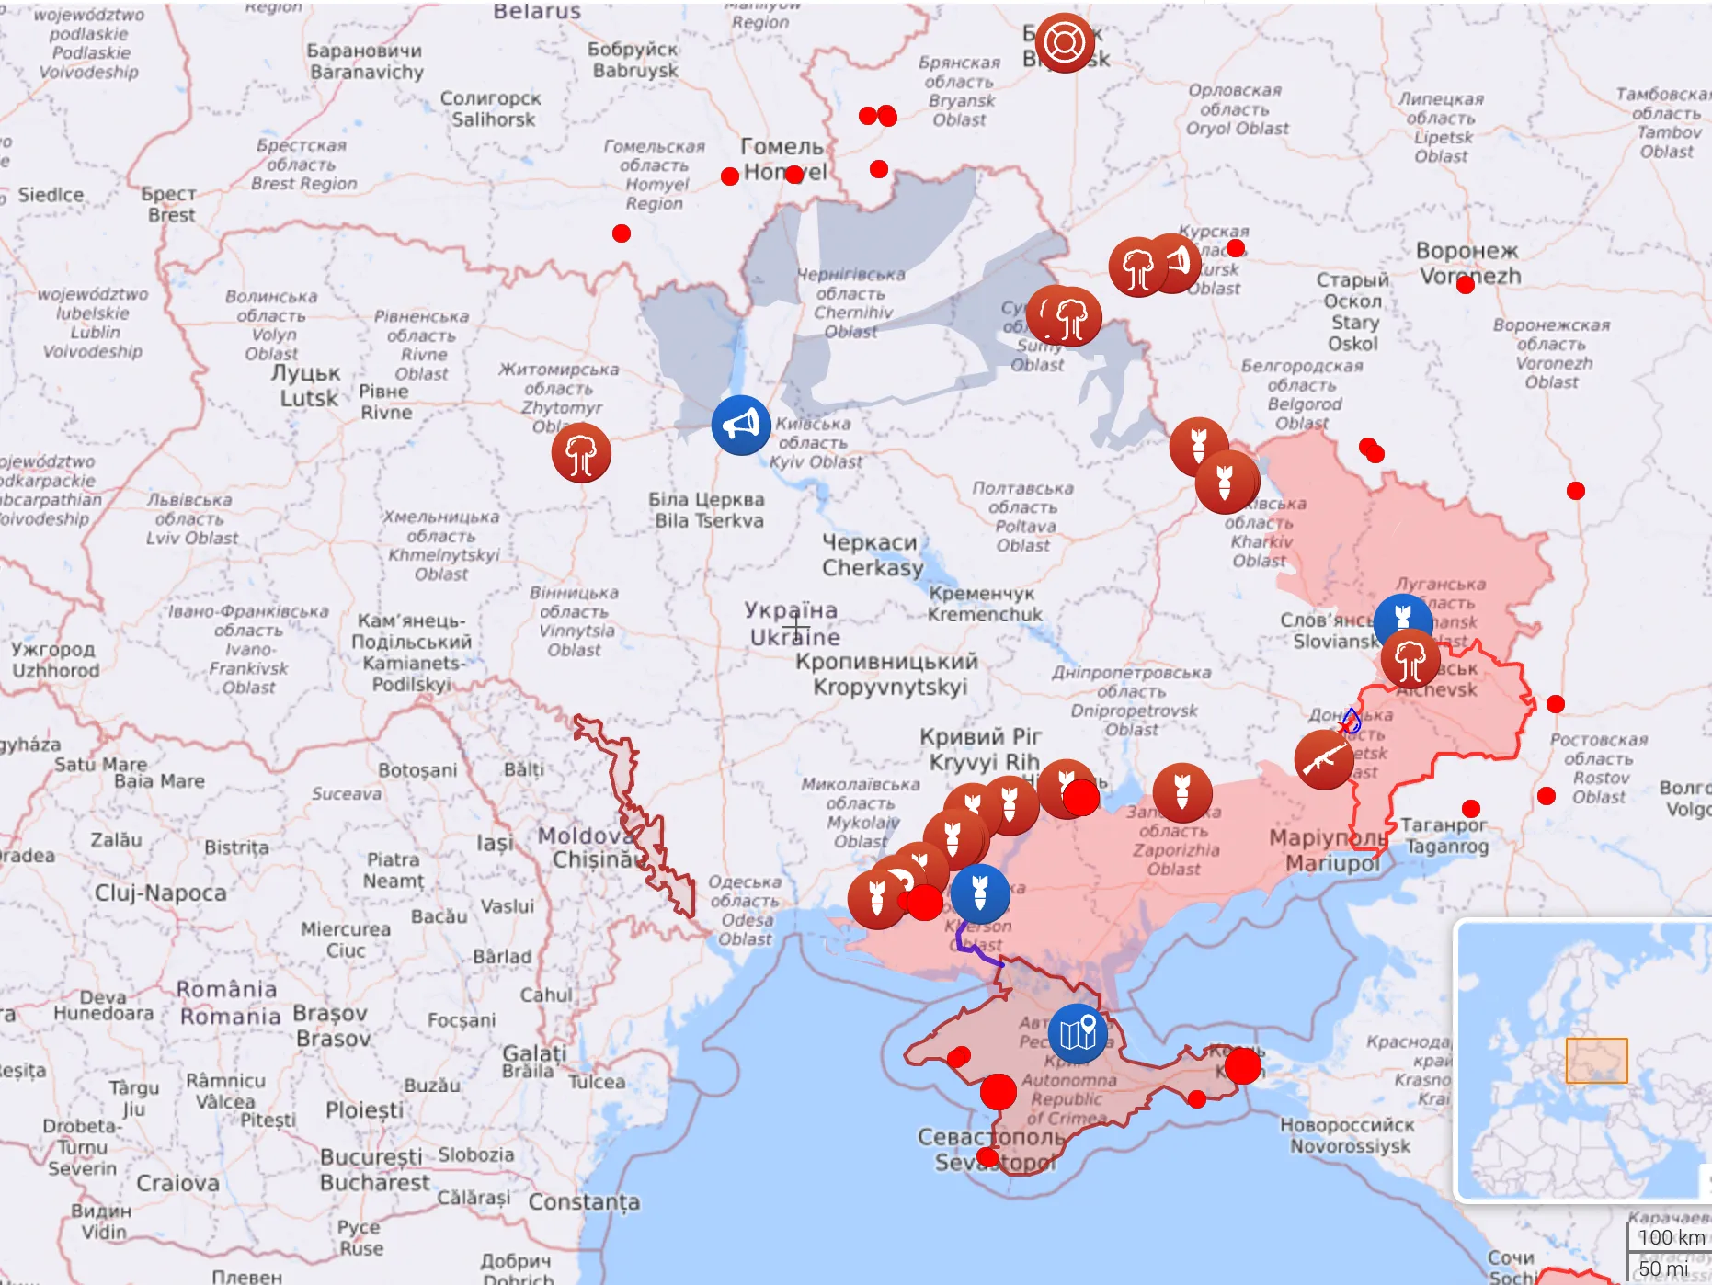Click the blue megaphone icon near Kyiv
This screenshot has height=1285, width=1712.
[741, 425]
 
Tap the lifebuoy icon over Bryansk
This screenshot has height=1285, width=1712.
[1065, 42]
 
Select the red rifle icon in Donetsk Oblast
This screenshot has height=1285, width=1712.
[1323, 759]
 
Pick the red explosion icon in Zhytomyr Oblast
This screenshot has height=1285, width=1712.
[581, 452]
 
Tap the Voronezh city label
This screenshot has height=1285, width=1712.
[1468, 263]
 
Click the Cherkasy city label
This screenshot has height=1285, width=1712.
[871, 555]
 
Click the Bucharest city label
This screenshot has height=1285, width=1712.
[372, 1169]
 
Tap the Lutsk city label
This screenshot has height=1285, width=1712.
[307, 386]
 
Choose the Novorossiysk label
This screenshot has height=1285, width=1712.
[1348, 1135]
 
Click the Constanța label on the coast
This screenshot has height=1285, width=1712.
[584, 1202]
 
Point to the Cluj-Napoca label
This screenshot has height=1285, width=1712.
[160, 893]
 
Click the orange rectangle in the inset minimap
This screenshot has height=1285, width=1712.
[1596, 1061]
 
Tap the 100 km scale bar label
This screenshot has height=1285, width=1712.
[1671, 1237]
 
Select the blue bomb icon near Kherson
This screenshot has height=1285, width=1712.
[980, 893]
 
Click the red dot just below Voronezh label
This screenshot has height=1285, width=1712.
[1466, 285]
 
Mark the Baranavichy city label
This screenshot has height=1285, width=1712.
[365, 62]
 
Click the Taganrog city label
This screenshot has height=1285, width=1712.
[1445, 836]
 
